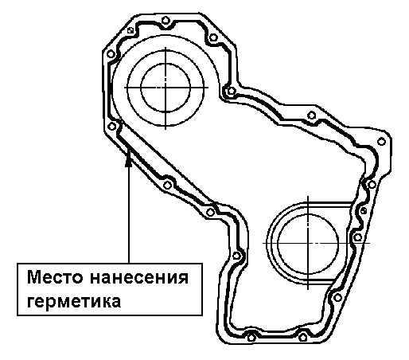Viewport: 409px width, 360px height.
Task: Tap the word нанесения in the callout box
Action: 139,278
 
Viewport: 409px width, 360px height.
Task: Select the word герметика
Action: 74,302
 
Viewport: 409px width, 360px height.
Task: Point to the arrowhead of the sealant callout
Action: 129,161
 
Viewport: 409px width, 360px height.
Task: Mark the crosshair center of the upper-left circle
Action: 166,87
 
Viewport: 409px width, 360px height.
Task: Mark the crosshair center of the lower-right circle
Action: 308,243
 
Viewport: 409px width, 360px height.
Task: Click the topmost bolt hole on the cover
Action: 165,20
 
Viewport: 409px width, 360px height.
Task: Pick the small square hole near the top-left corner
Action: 130,30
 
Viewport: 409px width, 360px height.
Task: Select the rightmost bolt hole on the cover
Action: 381,142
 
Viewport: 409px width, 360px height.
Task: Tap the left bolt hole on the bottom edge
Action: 251,338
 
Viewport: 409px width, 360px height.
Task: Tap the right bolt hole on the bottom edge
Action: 303,338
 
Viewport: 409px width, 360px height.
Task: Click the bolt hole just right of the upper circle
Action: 232,91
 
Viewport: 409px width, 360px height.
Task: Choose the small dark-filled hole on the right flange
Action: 364,211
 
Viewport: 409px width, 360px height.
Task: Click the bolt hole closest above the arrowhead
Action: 112,127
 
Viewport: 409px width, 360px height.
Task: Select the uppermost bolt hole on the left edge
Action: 111,54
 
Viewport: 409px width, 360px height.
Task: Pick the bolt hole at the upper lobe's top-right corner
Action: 213,37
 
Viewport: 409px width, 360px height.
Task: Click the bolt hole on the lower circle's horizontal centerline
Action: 357,237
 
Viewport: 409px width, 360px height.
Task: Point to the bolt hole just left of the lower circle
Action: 236,256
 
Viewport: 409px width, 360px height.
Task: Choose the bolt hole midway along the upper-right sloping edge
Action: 312,115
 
